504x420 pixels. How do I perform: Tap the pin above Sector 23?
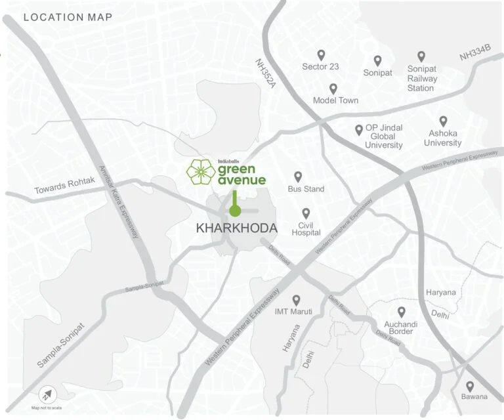321,55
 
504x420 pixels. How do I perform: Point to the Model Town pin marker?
333,89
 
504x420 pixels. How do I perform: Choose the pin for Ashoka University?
443,121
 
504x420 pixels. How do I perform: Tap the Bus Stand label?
306,189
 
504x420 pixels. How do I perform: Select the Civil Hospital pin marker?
305,213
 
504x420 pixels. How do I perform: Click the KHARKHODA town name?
237,228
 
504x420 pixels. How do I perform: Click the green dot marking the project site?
234,211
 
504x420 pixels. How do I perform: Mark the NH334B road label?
474,53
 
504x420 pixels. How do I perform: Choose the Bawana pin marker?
470,387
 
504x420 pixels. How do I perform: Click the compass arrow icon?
47,395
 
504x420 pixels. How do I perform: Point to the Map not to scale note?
47,408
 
